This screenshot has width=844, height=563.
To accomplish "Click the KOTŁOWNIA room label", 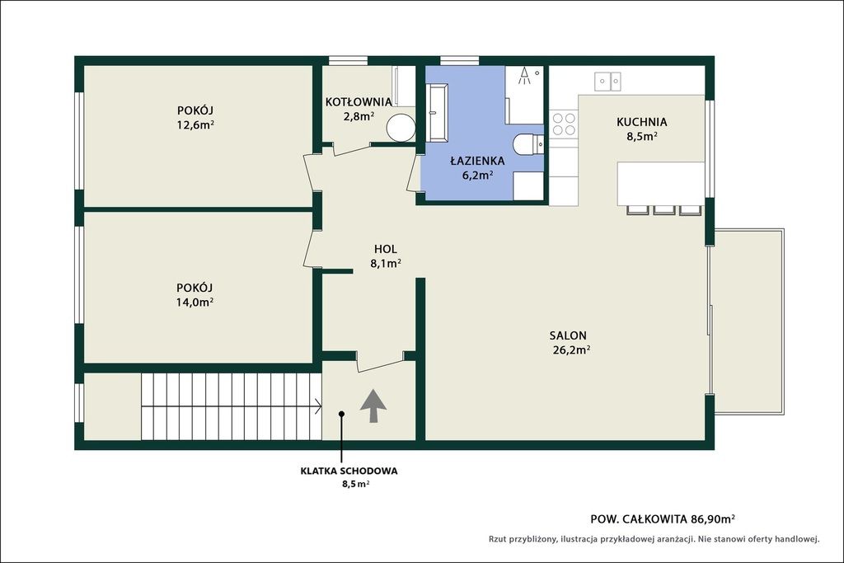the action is [359, 101].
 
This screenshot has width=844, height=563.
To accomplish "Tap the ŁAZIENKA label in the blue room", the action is [477, 161].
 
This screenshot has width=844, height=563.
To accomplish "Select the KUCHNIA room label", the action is [641, 122].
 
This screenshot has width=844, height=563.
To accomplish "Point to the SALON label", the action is [568, 335].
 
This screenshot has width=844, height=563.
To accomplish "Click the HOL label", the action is [386, 249].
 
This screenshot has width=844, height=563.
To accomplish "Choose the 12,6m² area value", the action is [195, 124].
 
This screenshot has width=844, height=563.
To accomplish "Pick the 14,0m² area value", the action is [195, 302].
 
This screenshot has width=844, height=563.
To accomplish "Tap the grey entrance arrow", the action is [373, 406].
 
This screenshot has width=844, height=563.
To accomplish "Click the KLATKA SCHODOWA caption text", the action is [349, 471].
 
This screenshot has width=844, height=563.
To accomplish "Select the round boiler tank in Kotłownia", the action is [401, 127].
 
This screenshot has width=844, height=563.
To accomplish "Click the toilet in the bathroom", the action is [528, 143].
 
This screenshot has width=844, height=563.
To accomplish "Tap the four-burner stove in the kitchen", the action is [564, 124].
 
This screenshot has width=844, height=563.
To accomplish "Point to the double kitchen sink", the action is [607, 82].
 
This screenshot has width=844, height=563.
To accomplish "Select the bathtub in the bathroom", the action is [437, 113].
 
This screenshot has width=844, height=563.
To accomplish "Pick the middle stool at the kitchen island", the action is [664, 210].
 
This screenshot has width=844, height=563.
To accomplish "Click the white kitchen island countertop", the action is [661, 184].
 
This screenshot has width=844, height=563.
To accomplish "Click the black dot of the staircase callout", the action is [341, 413].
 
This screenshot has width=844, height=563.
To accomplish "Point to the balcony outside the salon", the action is [748, 321].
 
